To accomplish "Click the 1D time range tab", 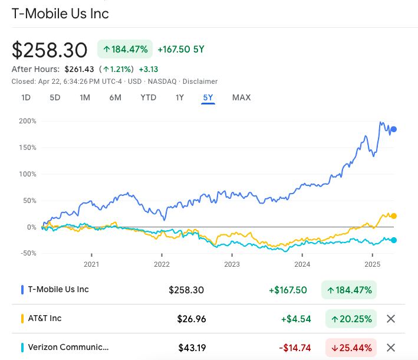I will coord(26,97).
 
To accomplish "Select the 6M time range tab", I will coord(115,97).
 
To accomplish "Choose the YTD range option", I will coord(148,97).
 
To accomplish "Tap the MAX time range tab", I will coord(241,97).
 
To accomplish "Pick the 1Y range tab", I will coord(180,97).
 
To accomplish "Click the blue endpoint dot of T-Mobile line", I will coord(394,129).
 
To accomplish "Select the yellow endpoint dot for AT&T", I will coord(394,216).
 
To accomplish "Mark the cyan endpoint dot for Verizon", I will coord(394,240).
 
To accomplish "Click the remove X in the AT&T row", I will coord(390,319).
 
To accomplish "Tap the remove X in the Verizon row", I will coord(390,348).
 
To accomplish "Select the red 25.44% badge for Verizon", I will coord(351,348).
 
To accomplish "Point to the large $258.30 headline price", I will coord(50,50).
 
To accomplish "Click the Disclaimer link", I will coord(200,81).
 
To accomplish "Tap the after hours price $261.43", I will coord(79,69).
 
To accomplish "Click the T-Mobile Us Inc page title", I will coord(60,14).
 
